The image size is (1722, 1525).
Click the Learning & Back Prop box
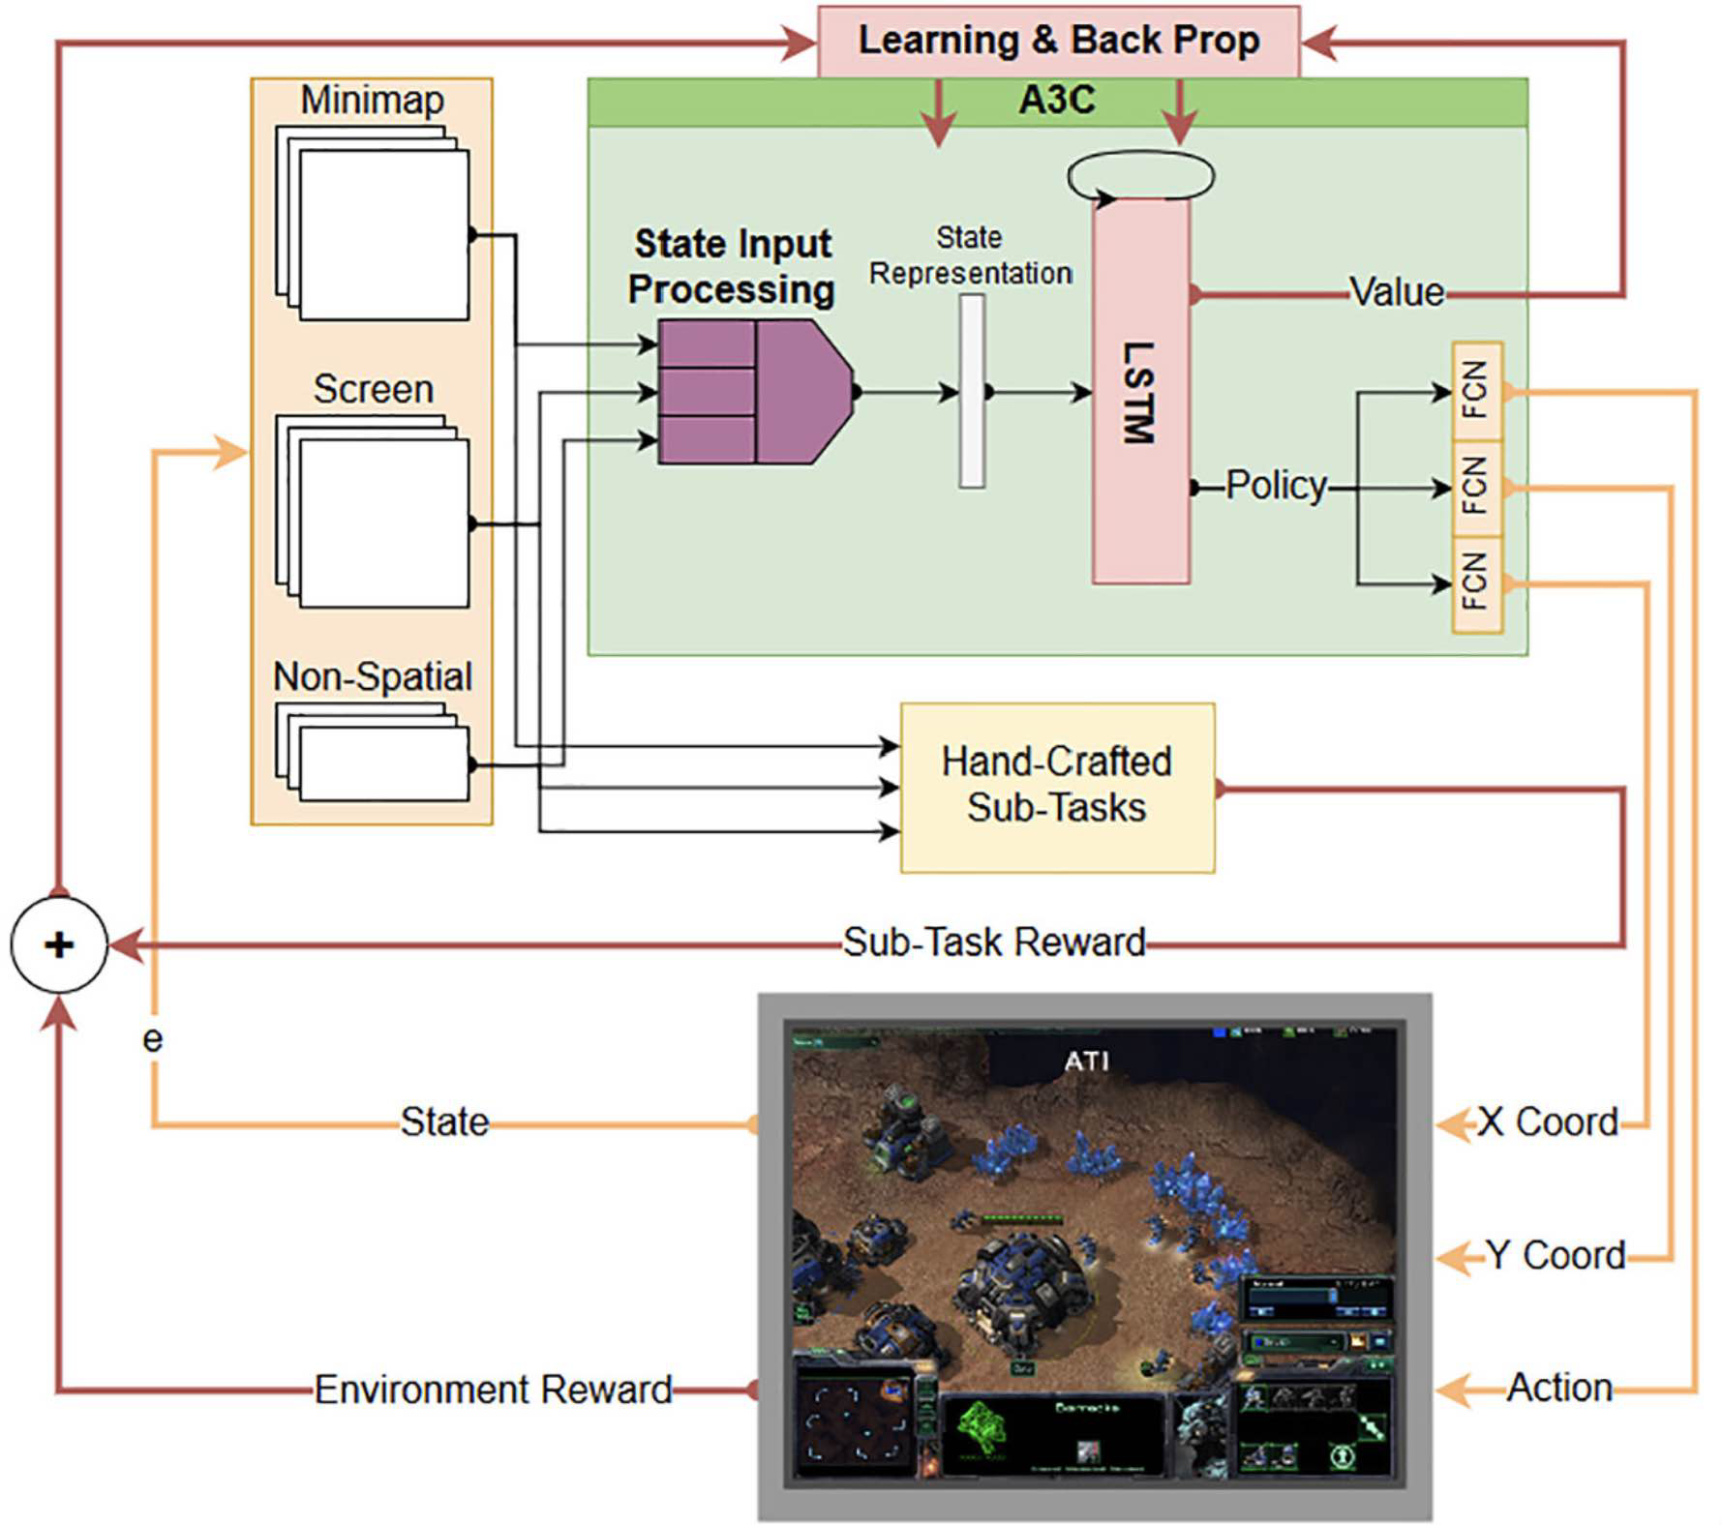[x=1058, y=41]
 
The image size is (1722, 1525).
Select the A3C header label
[x=1057, y=100]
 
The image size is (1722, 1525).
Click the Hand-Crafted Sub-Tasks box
[x=1057, y=786]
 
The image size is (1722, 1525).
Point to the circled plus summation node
[x=59, y=944]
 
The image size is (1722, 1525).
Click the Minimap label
[x=372, y=100]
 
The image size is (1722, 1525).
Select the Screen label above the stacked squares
[x=373, y=389]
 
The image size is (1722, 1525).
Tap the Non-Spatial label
[x=373, y=676]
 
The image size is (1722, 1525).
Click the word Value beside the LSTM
[x=1397, y=292]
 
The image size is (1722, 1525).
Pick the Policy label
[x=1276, y=486]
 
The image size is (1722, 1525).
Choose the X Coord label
[x=1547, y=1122]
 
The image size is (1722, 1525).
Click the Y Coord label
[x=1556, y=1256]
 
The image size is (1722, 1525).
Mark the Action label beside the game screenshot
[x=1559, y=1389]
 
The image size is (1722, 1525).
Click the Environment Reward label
[x=493, y=1390]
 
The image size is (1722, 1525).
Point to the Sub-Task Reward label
[x=994, y=942]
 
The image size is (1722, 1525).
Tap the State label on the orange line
[x=444, y=1122]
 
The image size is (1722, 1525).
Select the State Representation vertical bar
[x=972, y=391]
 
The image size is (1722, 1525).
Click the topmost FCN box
[x=1476, y=390]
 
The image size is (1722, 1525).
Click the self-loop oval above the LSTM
[x=1140, y=176]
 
